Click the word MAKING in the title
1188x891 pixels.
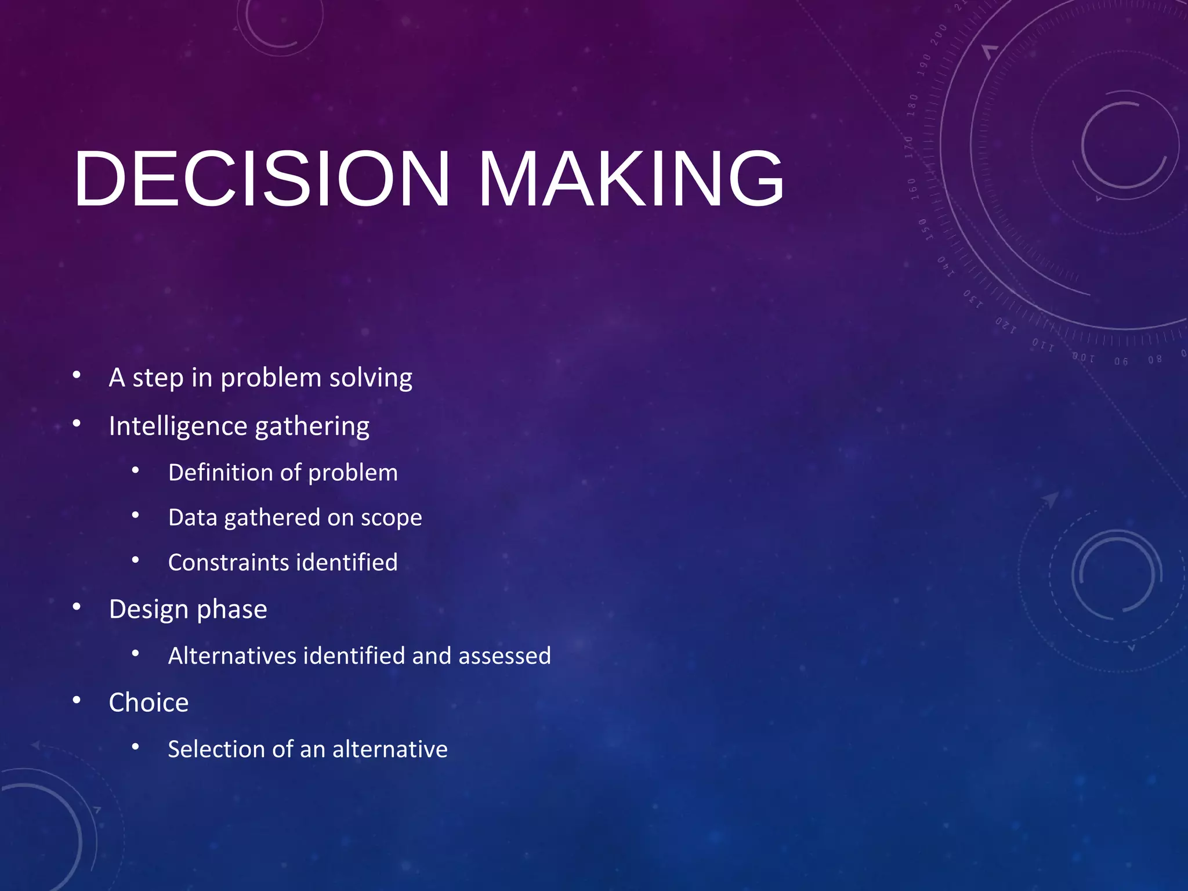point(631,178)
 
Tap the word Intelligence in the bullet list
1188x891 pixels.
point(178,426)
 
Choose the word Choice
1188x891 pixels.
point(148,702)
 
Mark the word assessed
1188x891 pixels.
point(504,656)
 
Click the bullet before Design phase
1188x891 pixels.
point(77,607)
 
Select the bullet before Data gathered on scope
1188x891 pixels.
point(135,515)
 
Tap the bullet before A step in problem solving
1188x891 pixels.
point(77,375)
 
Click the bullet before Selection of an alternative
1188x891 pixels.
point(135,747)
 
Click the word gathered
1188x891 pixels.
point(271,518)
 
